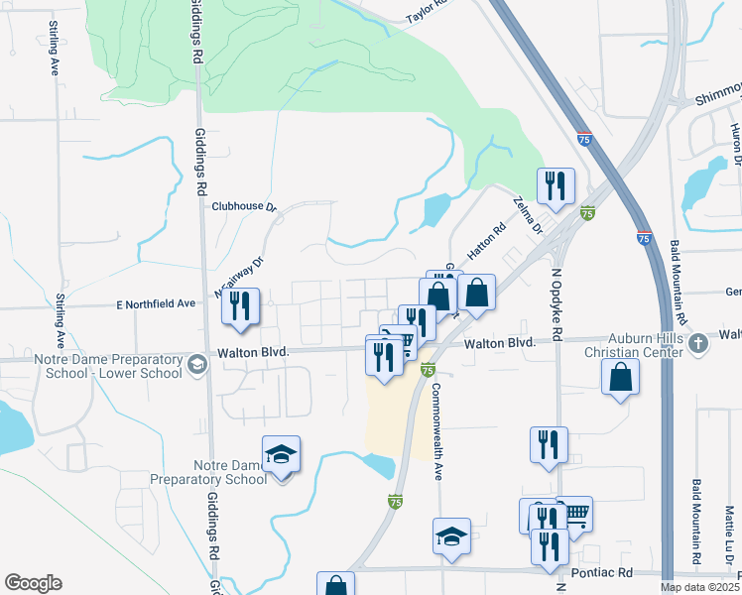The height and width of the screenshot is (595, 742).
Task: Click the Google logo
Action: click(33, 583)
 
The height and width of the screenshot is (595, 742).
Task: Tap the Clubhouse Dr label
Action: click(243, 206)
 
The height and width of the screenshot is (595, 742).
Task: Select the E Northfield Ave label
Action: click(156, 304)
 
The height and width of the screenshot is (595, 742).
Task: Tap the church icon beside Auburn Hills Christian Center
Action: click(698, 344)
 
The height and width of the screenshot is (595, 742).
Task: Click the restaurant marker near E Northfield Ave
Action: click(241, 306)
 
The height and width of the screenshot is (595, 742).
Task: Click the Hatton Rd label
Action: click(486, 241)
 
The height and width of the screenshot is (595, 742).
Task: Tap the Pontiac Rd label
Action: click(602, 574)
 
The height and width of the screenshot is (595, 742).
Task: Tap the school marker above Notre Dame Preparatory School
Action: click(282, 455)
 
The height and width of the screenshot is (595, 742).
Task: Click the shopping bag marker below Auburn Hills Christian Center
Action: click(620, 377)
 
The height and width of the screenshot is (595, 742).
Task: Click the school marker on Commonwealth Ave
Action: click(451, 536)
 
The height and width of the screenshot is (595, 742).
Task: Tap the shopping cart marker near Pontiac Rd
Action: click(574, 514)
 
